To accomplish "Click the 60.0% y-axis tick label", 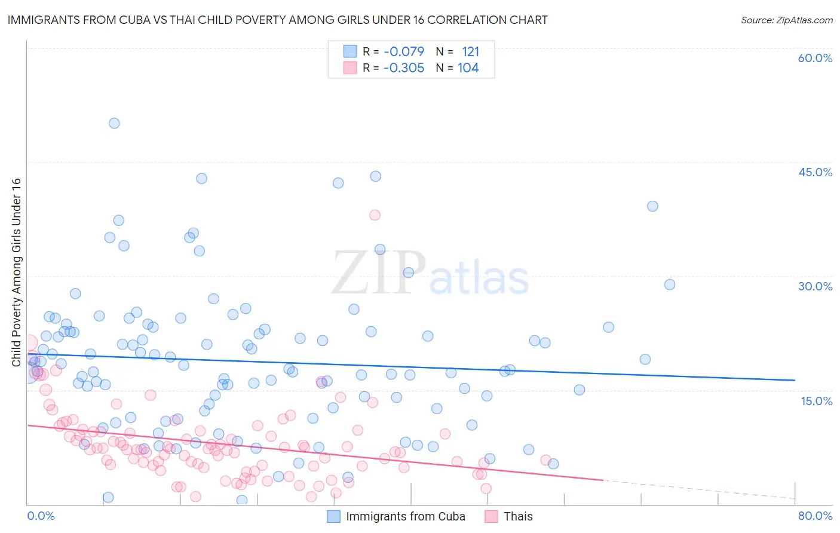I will pyautogui.click(x=815, y=58).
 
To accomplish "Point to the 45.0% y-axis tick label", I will pyautogui.click(x=815, y=172).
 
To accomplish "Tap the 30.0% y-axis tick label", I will pyautogui.click(x=815, y=286).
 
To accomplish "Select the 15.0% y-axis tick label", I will pyautogui.click(x=816, y=400).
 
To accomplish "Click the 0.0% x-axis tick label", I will pyautogui.click(x=41, y=516).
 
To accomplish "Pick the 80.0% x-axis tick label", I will pyautogui.click(x=815, y=516).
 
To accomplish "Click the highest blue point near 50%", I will pyautogui.click(x=114, y=123).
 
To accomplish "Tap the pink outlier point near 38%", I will pyautogui.click(x=375, y=215).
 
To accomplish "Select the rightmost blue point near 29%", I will pyautogui.click(x=670, y=284).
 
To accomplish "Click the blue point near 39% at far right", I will pyautogui.click(x=652, y=206).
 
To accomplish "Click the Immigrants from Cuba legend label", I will pyautogui.click(x=405, y=516).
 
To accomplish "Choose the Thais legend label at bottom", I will pyautogui.click(x=517, y=516).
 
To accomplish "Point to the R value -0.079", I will pyautogui.click(x=404, y=51).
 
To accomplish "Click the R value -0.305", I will pyautogui.click(x=404, y=68).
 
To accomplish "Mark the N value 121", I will pyautogui.click(x=470, y=51).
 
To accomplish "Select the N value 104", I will pyautogui.click(x=468, y=68).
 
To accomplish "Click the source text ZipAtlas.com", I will pyautogui.click(x=786, y=20).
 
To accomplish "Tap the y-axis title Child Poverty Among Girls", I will pyautogui.click(x=16, y=272).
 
